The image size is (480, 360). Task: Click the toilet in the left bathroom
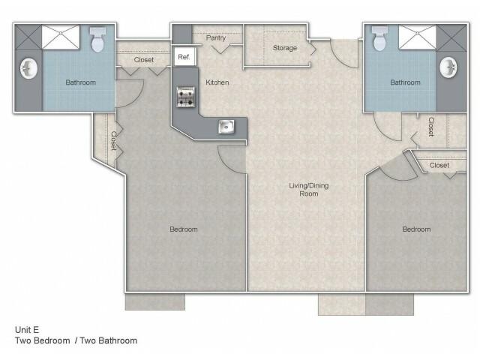(98, 40)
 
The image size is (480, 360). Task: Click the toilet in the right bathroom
(379, 38)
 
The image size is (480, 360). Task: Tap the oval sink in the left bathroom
(28, 68)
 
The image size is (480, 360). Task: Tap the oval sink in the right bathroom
(448, 67)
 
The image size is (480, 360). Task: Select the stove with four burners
(185, 97)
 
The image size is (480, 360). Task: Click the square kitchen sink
(226, 127)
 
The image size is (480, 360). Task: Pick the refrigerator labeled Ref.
(185, 57)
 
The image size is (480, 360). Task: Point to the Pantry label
(216, 38)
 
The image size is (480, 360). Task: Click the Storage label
(285, 48)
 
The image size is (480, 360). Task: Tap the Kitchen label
(217, 82)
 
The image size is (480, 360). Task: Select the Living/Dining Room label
(308, 190)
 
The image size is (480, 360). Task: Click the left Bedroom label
(183, 229)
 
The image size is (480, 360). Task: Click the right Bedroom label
(416, 229)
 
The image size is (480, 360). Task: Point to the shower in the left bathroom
(61, 37)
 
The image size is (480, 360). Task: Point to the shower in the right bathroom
(417, 37)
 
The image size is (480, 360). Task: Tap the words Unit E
(27, 330)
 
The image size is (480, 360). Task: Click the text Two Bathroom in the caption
(108, 340)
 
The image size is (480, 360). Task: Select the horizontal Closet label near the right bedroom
(439, 165)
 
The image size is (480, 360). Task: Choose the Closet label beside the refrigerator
(144, 60)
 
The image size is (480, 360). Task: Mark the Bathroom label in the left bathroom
(80, 82)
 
